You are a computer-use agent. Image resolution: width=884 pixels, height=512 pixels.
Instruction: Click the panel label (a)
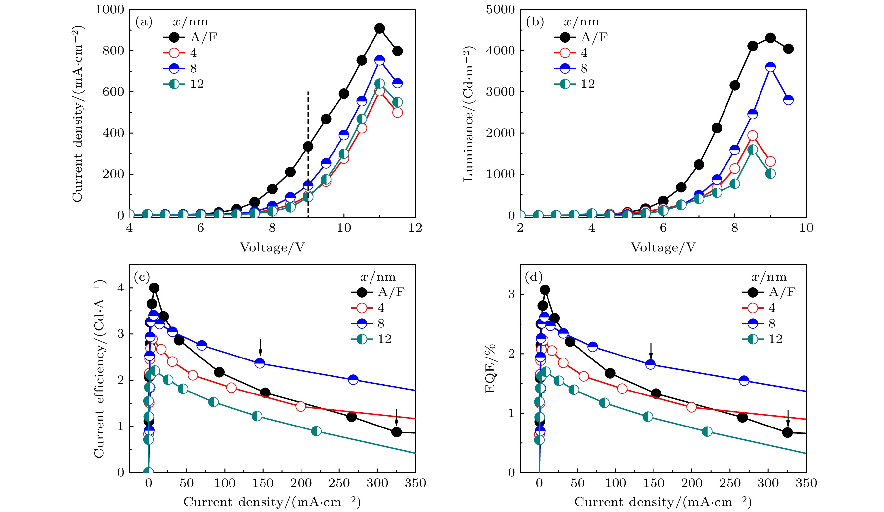coord(144,22)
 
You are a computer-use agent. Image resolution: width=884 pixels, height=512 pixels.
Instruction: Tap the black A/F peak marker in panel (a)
coord(379,28)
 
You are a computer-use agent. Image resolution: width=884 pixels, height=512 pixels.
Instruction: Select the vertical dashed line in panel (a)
coord(308,154)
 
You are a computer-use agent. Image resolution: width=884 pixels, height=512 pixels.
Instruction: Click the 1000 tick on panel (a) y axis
coord(110,10)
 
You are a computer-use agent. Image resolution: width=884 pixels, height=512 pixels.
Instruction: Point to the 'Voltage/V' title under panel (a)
coord(272,248)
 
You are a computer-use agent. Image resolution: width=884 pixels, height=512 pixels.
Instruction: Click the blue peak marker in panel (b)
coord(770,67)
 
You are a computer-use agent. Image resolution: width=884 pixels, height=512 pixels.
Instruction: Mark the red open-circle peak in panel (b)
coord(753,136)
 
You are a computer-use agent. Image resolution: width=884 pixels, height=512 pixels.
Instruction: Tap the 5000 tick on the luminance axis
coord(501,10)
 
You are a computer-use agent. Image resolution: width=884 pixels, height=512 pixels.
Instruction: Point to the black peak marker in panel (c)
coord(154,288)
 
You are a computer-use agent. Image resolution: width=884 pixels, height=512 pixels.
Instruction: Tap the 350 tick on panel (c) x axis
coord(415,483)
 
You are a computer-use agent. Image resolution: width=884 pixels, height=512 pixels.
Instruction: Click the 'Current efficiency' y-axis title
coord(99,369)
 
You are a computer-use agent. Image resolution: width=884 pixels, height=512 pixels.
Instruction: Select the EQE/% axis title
coord(490,369)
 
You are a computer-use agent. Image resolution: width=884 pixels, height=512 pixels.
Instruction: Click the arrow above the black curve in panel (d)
coord(788,418)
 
